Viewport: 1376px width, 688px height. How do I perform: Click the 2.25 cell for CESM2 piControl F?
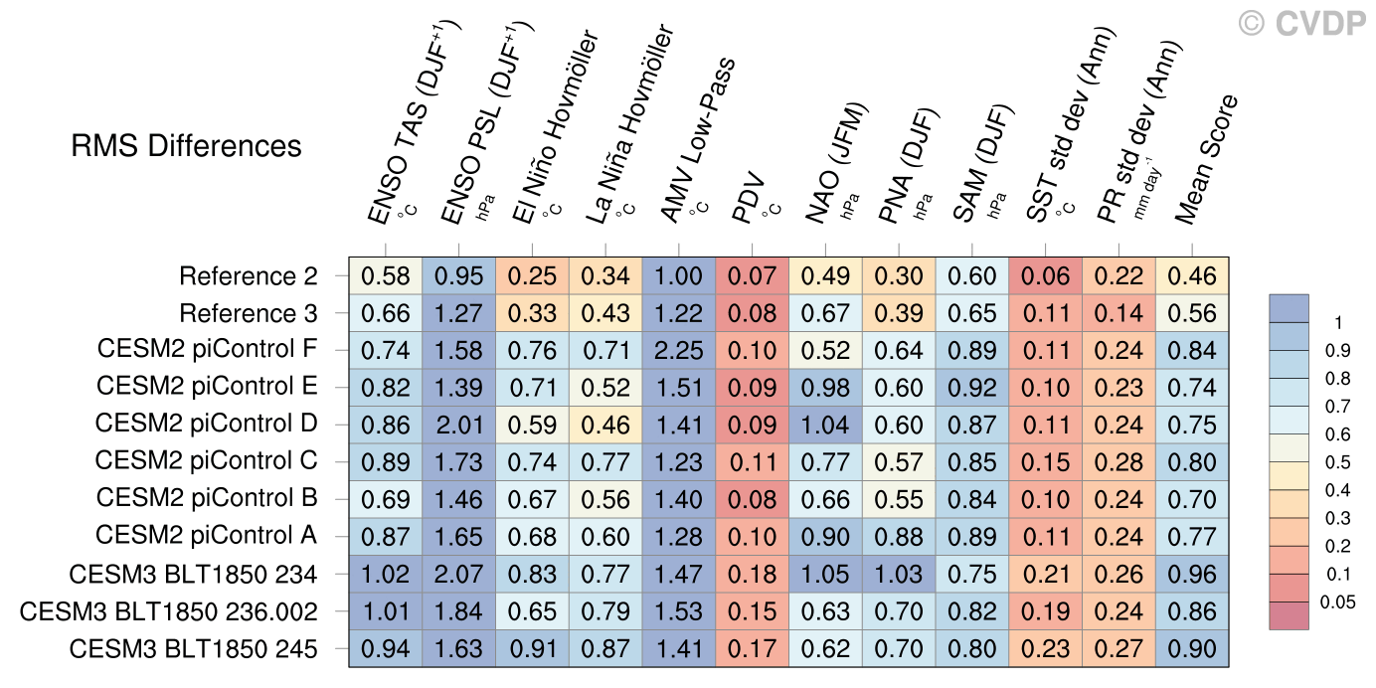point(679,350)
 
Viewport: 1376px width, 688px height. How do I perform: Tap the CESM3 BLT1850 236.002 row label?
point(169,610)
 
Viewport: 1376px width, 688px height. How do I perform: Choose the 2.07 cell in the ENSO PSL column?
point(458,574)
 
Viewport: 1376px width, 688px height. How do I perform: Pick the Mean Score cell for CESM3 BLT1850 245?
point(1192,649)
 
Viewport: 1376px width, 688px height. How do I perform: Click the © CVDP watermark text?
point(1301,23)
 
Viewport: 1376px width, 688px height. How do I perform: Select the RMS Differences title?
point(186,147)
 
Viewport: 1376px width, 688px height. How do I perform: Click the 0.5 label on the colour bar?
point(1338,462)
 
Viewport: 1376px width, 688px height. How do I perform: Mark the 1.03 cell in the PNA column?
point(899,574)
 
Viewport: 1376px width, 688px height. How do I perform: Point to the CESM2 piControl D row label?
point(207,424)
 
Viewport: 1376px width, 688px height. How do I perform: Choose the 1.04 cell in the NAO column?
point(825,425)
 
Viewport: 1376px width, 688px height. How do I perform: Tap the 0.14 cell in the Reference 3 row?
point(1118,313)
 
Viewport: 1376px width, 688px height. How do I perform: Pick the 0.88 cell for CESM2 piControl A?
point(899,536)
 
